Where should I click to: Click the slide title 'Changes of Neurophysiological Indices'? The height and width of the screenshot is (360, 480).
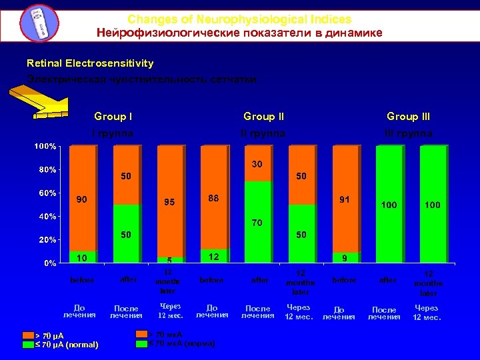pos(239,20)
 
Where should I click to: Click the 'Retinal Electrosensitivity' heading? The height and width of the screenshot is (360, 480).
pos(90,63)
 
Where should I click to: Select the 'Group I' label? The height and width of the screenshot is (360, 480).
pos(113,117)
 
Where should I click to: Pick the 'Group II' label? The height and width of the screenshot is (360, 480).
pos(263,117)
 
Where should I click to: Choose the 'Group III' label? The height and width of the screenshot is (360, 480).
pos(408,117)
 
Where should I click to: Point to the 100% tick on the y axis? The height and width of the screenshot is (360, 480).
pos(45,146)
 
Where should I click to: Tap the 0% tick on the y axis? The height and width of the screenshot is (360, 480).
pos(50,263)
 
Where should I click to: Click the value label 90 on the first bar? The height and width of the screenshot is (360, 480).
pos(81,199)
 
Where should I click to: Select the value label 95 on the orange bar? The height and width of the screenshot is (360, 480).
pos(169,202)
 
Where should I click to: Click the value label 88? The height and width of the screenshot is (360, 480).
pos(213,199)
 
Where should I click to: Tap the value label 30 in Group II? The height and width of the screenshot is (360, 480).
pos(257,164)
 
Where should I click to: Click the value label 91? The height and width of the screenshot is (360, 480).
pos(345,199)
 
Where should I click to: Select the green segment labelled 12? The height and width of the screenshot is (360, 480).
pos(213,256)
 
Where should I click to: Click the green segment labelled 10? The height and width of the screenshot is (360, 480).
pos(82,257)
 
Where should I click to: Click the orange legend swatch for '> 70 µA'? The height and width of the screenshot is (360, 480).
pos(28,335)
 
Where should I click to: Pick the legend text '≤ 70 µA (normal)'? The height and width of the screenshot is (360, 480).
pos(67,345)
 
